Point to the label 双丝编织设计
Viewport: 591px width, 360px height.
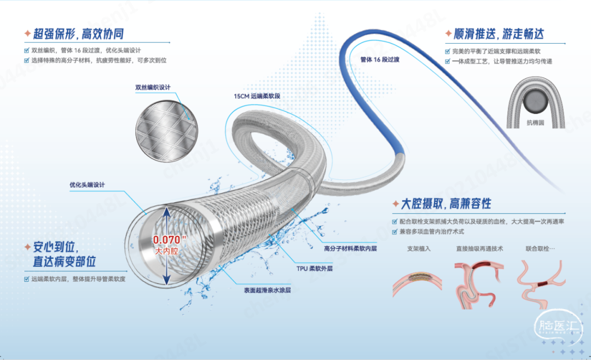click(x=153, y=88)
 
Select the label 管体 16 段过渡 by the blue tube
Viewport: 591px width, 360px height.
click(x=380, y=60)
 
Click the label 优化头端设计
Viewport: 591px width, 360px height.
click(x=87, y=185)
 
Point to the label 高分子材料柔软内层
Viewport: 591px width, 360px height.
click(x=350, y=248)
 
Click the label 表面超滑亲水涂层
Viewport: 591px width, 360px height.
click(x=267, y=291)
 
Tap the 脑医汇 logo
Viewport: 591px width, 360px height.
click(x=558, y=327)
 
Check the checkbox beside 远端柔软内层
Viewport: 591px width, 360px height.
click(x=26, y=279)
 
